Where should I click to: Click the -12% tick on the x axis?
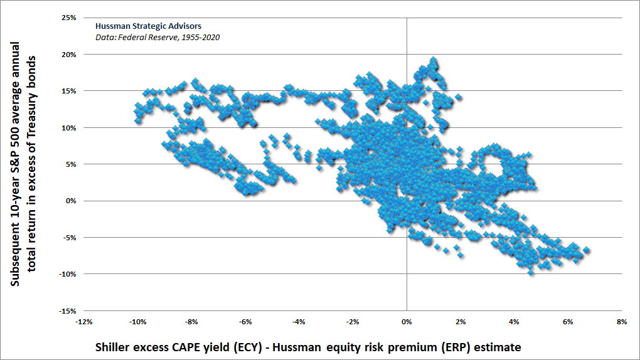pyautogui.click(x=84, y=322)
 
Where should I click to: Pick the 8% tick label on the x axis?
pyautogui.click(x=622, y=322)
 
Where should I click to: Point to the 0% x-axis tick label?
pyautogui.click(x=407, y=322)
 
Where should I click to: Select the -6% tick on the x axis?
pyautogui.click(x=245, y=322)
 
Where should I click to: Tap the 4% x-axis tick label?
pyautogui.click(x=515, y=322)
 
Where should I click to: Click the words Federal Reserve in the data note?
pyautogui.click(x=146, y=37)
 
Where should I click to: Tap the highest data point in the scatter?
pyautogui.click(x=433, y=60)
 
